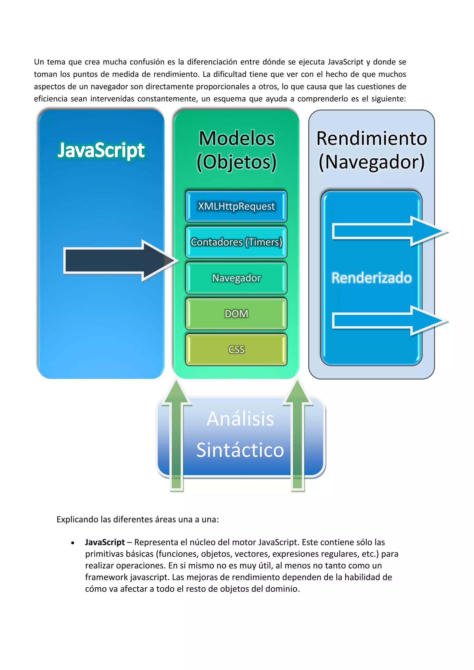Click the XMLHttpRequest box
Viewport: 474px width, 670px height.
[236, 206]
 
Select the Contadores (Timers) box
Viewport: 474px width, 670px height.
[236, 242]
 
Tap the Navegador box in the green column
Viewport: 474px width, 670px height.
[236, 278]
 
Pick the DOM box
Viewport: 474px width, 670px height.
[236, 314]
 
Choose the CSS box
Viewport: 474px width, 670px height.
[236, 350]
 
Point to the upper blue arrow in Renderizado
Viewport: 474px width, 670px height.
[385, 231]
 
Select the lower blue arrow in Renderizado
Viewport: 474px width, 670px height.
[385, 321]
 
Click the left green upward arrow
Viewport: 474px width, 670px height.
[176, 438]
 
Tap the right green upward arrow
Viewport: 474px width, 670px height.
[298, 438]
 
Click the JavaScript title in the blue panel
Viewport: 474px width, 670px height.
[101, 151]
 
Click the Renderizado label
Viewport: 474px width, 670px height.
[371, 278]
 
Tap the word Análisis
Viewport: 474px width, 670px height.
[240, 419]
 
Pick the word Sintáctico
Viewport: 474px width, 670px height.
[240, 450]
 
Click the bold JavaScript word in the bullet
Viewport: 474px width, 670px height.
[105, 542]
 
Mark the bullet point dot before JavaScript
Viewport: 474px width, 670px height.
[73, 543]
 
